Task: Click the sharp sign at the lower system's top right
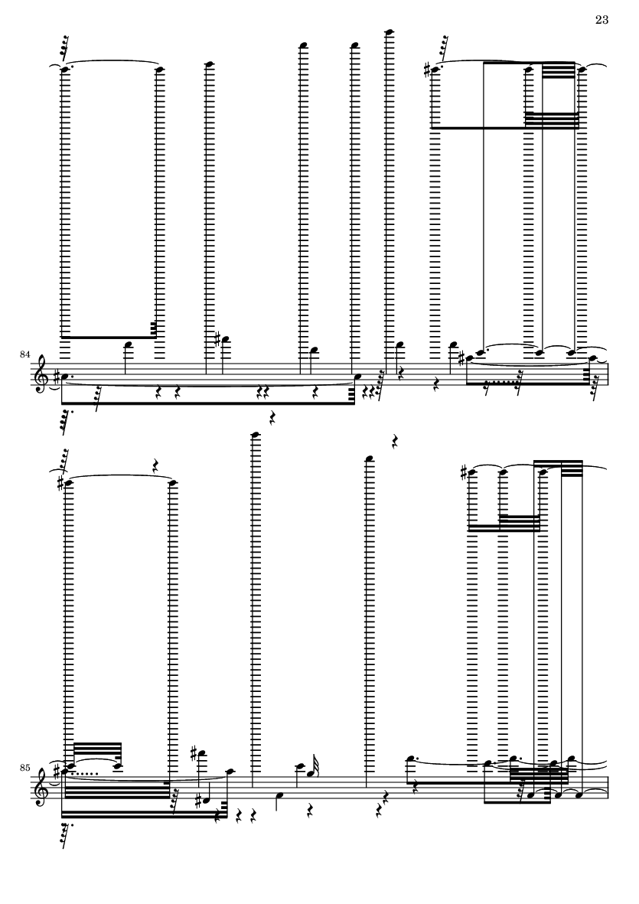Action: [x=464, y=472]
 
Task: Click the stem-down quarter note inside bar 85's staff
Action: [x=280, y=795]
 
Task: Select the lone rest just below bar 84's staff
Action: [x=272, y=418]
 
